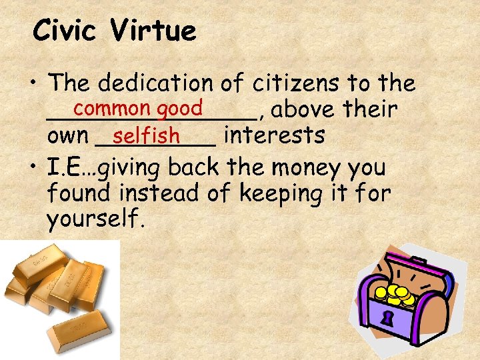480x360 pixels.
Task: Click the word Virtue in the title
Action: (154, 31)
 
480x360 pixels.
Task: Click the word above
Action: (303, 109)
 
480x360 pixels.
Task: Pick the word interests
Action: (274, 135)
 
